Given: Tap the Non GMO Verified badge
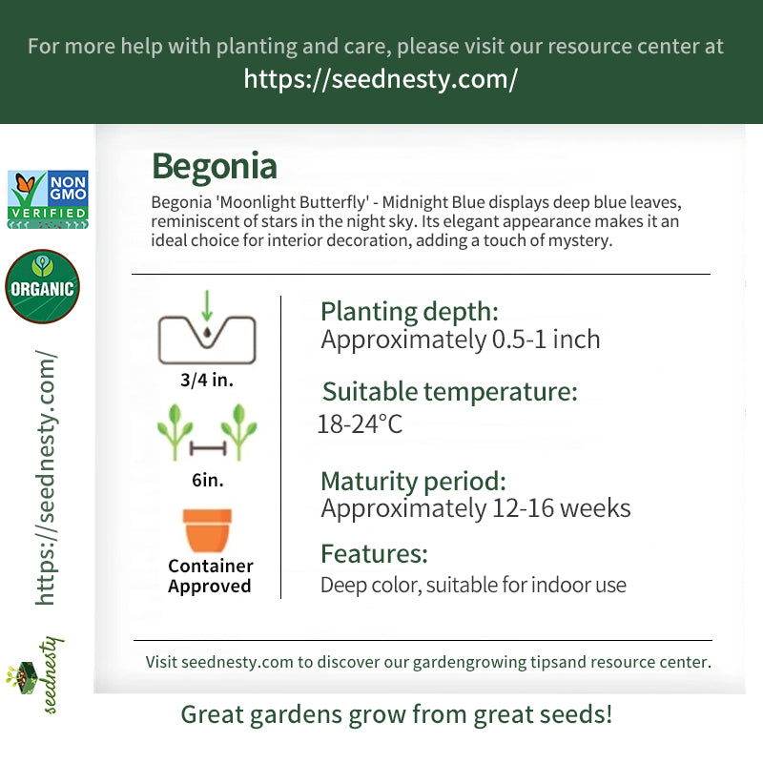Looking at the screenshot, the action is [48, 199].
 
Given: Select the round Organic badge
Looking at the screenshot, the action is [42, 286].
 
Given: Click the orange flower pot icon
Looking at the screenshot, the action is [207, 530].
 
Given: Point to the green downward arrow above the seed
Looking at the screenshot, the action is [207, 305].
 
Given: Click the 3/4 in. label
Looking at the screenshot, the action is [207, 380].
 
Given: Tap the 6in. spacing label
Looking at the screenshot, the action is [208, 481].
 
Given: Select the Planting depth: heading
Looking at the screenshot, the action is [410, 312].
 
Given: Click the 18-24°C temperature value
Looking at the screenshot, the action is [360, 423].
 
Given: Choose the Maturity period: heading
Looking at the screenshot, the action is [414, 482].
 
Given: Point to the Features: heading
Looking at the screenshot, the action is [374, 554].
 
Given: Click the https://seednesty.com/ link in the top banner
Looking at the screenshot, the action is [381, 79].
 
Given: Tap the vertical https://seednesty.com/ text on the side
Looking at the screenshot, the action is [45, 478].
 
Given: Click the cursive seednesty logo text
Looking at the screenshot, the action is [51, 675].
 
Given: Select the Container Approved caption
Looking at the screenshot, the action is [210, 576].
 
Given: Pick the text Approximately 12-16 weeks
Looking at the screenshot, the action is [476, 509].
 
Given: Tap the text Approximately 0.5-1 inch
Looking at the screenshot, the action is [461, 340].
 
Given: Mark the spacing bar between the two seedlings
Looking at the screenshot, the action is [208, 448].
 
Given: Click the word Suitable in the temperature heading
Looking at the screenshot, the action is [370, 392].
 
